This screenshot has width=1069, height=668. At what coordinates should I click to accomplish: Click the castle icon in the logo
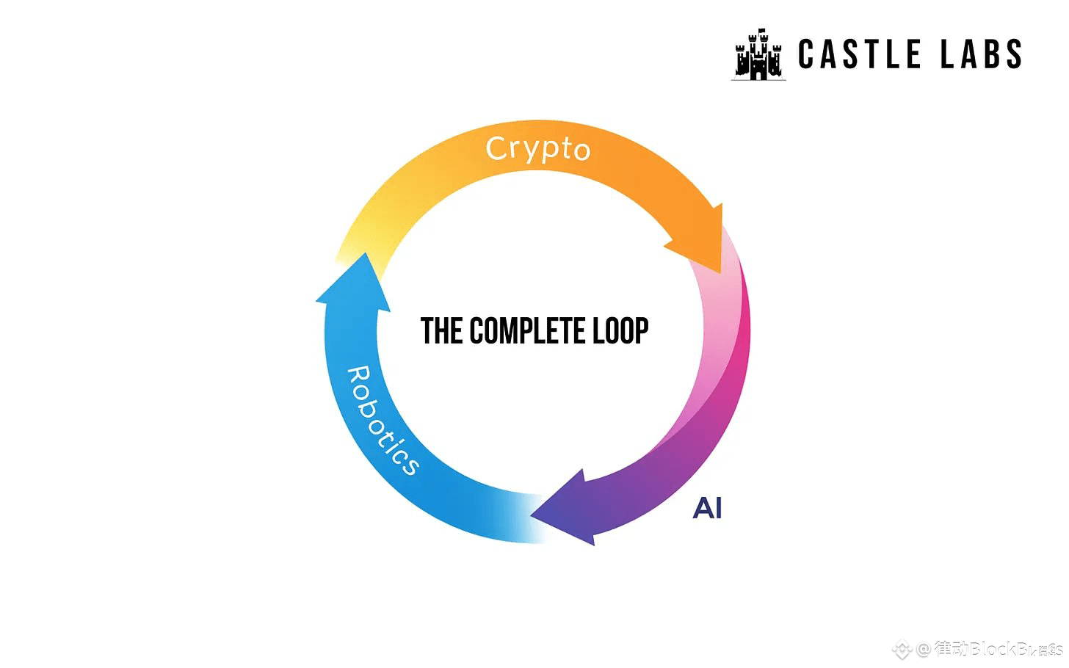[x=759, y=55]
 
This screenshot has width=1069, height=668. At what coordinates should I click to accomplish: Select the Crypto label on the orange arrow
[x=537, y=149]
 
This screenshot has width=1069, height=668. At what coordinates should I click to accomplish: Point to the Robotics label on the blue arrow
[x=382, y=420]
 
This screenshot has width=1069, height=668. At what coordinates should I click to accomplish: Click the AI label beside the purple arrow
[x=708, y=507]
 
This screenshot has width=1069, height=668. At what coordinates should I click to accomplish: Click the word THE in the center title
[x=442, y=331]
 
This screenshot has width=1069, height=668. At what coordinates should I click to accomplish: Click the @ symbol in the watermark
[x=924, y=649]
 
